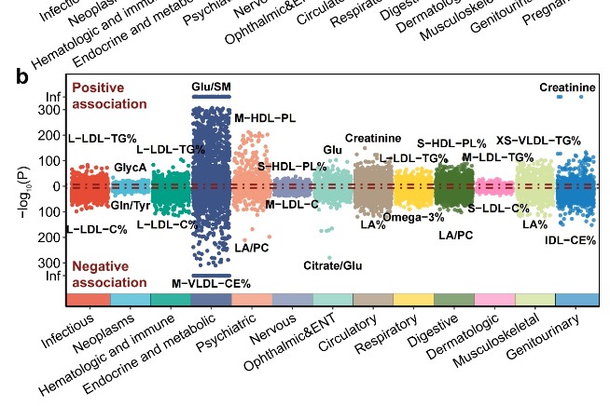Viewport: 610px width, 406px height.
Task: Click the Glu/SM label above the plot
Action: (x=212, y=87)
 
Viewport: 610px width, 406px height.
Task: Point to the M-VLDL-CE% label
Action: (x=211, y=283)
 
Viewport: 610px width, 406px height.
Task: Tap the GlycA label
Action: (x=130, y=167)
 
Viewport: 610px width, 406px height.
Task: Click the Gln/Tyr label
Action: (x=130, y=205)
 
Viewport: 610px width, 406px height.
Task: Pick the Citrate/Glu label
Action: (x=333, y=266)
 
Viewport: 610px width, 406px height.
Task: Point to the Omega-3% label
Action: (x=413, y=217)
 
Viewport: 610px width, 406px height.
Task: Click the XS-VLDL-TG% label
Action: (x=537, y=140)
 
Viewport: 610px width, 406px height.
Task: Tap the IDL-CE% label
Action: (x=571, y=240)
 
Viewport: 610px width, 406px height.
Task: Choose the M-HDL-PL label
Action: (x=265, y=118)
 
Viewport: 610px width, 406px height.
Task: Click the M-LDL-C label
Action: (x=292, y=204)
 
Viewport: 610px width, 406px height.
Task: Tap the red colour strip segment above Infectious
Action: (x=89, y=298)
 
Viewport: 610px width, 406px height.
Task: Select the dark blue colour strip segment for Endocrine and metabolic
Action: (x=211, y=298)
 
